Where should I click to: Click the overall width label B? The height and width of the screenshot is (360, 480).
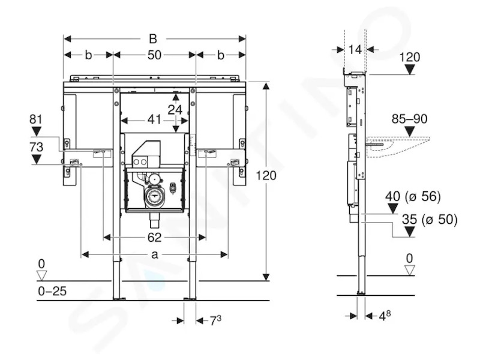[x=153, y=39]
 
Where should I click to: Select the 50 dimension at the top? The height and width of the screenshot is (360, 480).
[x=154, y=55]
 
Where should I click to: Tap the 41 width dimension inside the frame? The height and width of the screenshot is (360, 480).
[x=154, y=119]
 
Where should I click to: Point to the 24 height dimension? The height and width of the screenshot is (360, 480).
[x=175, y=110]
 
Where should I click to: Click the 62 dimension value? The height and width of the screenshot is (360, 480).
[x=154, y=237]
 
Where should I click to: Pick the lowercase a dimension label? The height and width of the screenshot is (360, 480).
[x=155, y=254]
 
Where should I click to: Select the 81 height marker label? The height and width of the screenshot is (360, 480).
[x=36, y=119]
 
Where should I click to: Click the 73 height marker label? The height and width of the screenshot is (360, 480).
[x=36, y=147]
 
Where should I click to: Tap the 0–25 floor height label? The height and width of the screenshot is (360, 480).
[x=52, y=291]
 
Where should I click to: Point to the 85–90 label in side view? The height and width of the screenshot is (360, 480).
[x=409, y=119]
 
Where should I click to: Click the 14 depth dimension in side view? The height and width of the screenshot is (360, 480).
[x=355, y=49]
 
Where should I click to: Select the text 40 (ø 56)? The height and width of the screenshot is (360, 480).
[x=413, y=196]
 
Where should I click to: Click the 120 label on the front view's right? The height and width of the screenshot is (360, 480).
[x=266, y=176]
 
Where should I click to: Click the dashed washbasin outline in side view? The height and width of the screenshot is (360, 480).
[x=398, y=147]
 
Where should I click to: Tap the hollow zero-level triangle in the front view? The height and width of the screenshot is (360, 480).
[x=41, y=275]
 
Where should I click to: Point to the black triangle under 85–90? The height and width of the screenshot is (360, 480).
[x=410, y=131]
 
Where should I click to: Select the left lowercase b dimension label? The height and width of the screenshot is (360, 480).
[x=88, y=55]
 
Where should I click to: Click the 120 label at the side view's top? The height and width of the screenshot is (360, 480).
[x=410, y=57]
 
